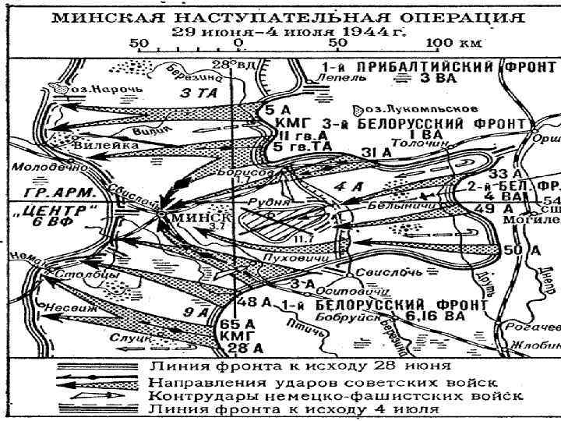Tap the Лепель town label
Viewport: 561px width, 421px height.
coord(341,79)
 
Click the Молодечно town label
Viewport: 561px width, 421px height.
coord(38,167)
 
